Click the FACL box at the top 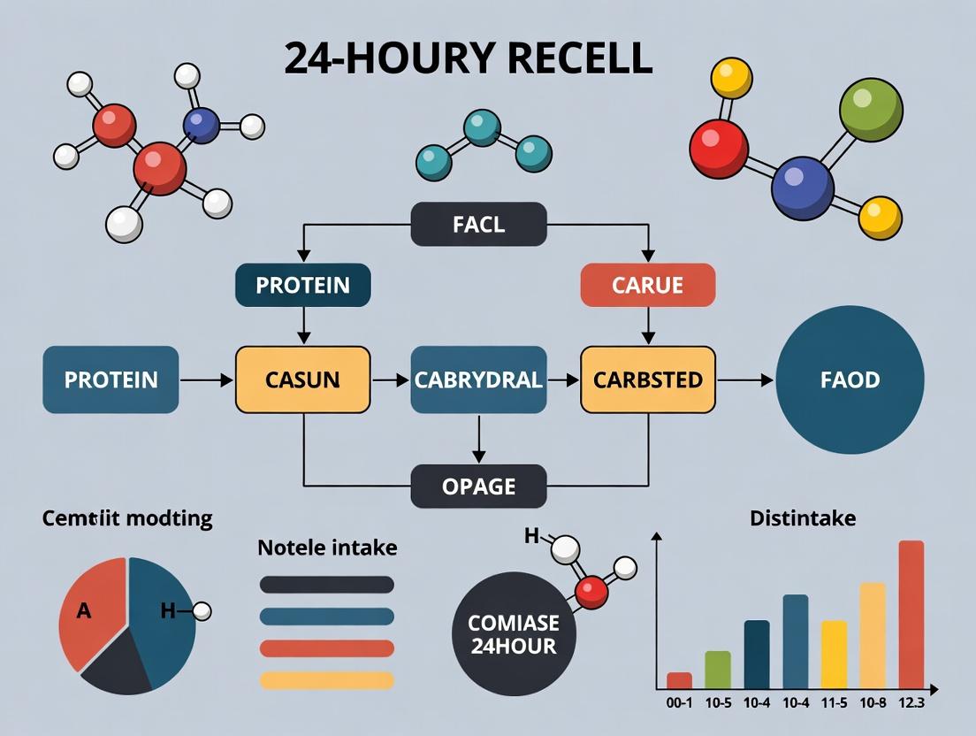point(478,225)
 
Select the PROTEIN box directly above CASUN point(302,286)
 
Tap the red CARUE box point(647,286)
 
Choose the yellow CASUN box point(302,379)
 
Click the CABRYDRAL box point(478,379)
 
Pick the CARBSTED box point(647,379)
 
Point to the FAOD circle point(850,379)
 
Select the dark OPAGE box point(478,486)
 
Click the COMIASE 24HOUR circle point(513,634)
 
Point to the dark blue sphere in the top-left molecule point(202,125)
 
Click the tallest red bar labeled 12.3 point(911,614)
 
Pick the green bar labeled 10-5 point(718,670)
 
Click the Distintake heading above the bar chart point(802,517)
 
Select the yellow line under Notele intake point(327,680)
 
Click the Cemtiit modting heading point(127,517)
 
